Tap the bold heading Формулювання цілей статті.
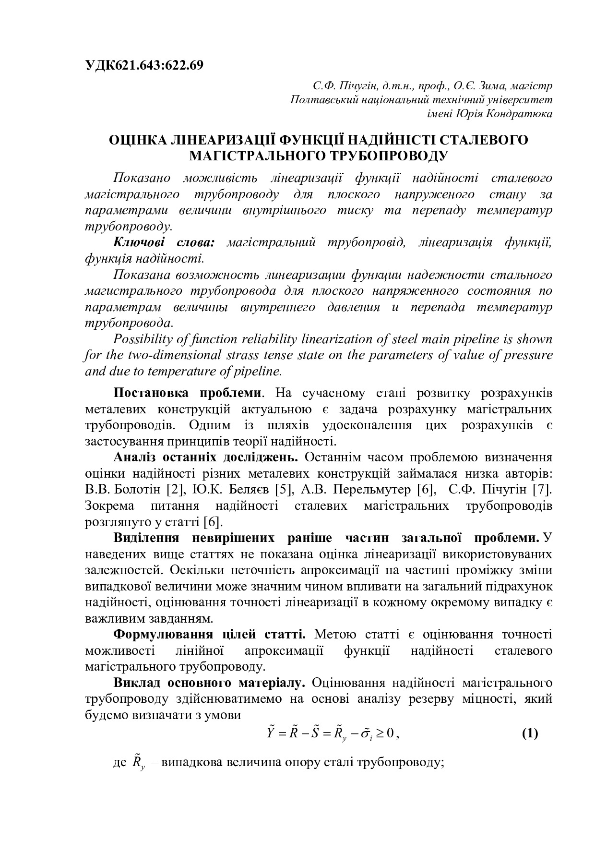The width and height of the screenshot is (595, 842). coord(209,635)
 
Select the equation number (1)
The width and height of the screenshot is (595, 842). coord(529,734)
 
